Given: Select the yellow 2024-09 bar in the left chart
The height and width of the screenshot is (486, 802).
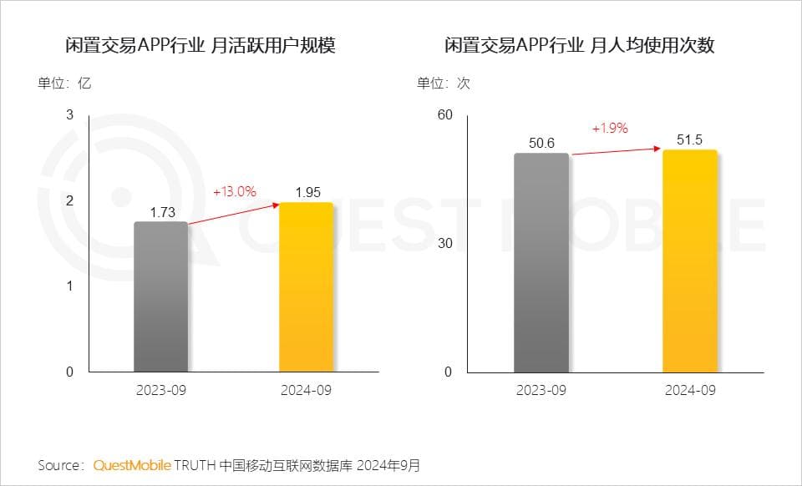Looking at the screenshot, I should click(x=306, y=287).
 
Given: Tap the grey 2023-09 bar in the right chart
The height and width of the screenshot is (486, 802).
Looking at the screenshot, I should click(x=541, y=262).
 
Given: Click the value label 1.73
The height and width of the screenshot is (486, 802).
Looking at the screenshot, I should click(x=162, y=212).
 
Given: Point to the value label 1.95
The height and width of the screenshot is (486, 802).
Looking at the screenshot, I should click(x=307, y=193).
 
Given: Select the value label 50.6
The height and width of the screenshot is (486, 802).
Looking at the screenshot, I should click(x=541, y=143).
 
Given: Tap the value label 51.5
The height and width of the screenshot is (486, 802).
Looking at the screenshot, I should click(x=689, y=139).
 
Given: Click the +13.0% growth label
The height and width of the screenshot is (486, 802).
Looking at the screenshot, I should click(x=234, y=191).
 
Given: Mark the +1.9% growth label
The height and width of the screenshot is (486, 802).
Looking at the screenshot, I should click(x=609, y=129).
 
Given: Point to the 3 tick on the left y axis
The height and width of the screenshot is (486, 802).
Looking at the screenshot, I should click(x=70, y=114).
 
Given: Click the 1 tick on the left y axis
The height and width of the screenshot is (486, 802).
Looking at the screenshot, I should click(x=70, y=286).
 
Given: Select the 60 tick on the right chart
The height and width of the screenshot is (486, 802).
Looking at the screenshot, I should click(x=444, y=114).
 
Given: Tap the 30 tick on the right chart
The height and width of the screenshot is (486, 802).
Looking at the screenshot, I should click(x=444, y=243).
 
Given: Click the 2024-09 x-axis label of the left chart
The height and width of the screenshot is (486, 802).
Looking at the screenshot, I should click(x=306, y=390).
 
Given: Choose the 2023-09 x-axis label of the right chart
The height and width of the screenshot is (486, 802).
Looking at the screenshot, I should click(x=541, y=390).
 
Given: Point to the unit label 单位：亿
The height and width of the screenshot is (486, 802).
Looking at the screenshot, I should click(x=63, y=84).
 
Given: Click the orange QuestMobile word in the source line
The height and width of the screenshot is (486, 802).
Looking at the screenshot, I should click(x=132, y=465).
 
